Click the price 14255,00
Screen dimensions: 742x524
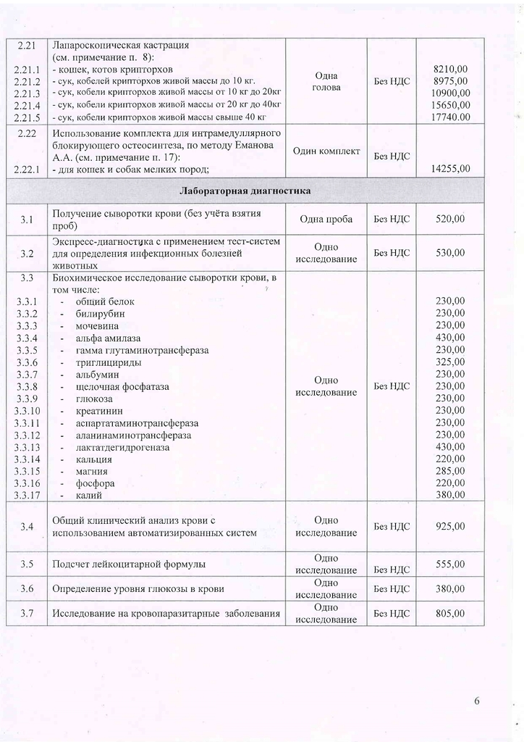tap(450, 169)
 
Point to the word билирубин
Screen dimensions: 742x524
tap(100, 313)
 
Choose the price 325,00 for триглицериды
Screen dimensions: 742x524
tap(450, 362)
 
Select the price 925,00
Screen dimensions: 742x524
tap(450, 527)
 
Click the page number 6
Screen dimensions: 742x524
tap(477, 701)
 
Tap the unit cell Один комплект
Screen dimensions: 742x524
tap(326, 151)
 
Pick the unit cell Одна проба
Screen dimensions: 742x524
tap(326, 219)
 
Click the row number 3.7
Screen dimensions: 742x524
tap(28, 614)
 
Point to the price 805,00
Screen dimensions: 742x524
tap(450, 614)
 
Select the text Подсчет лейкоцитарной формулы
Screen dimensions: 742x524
tap(129, 564)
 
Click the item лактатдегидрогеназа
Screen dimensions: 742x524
tap(122, 447)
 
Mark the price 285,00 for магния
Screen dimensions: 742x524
tap(450, 471)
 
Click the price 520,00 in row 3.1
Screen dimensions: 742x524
tap(450, 219)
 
